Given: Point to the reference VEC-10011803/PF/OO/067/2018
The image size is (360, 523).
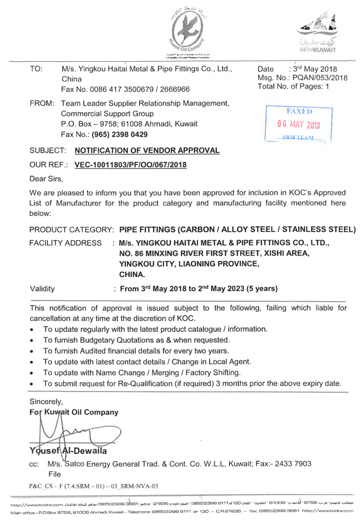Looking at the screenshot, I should pyautogui.click(x=130, y=165).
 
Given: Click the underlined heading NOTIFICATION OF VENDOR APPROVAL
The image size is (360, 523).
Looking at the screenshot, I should pyautogui.click(x=147, y=150).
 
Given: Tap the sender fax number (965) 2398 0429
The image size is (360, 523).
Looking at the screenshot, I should pyautogui.click(x=120, y=134).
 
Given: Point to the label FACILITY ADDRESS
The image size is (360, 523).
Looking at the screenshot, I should pyautogui.click(x=66, y=243).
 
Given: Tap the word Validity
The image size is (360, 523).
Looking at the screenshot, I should pyautogui.click(x=42, y=289).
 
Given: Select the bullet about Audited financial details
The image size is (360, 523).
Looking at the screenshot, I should pyautogui.click(x=136, y=350).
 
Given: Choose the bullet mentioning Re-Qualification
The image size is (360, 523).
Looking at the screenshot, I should pyautogui.click(x=192, y=384).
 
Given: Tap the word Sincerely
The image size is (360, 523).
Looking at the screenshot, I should pyautogui.click(x=46, y=401).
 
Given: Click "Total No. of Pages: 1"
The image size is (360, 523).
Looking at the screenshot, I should pyautogui.click(x=293, y=86).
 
